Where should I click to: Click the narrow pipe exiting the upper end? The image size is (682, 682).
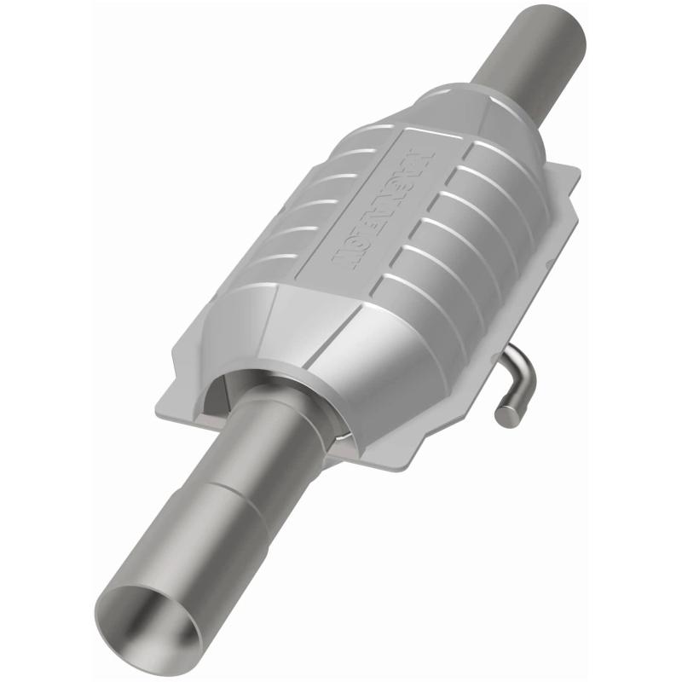[537, 51]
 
